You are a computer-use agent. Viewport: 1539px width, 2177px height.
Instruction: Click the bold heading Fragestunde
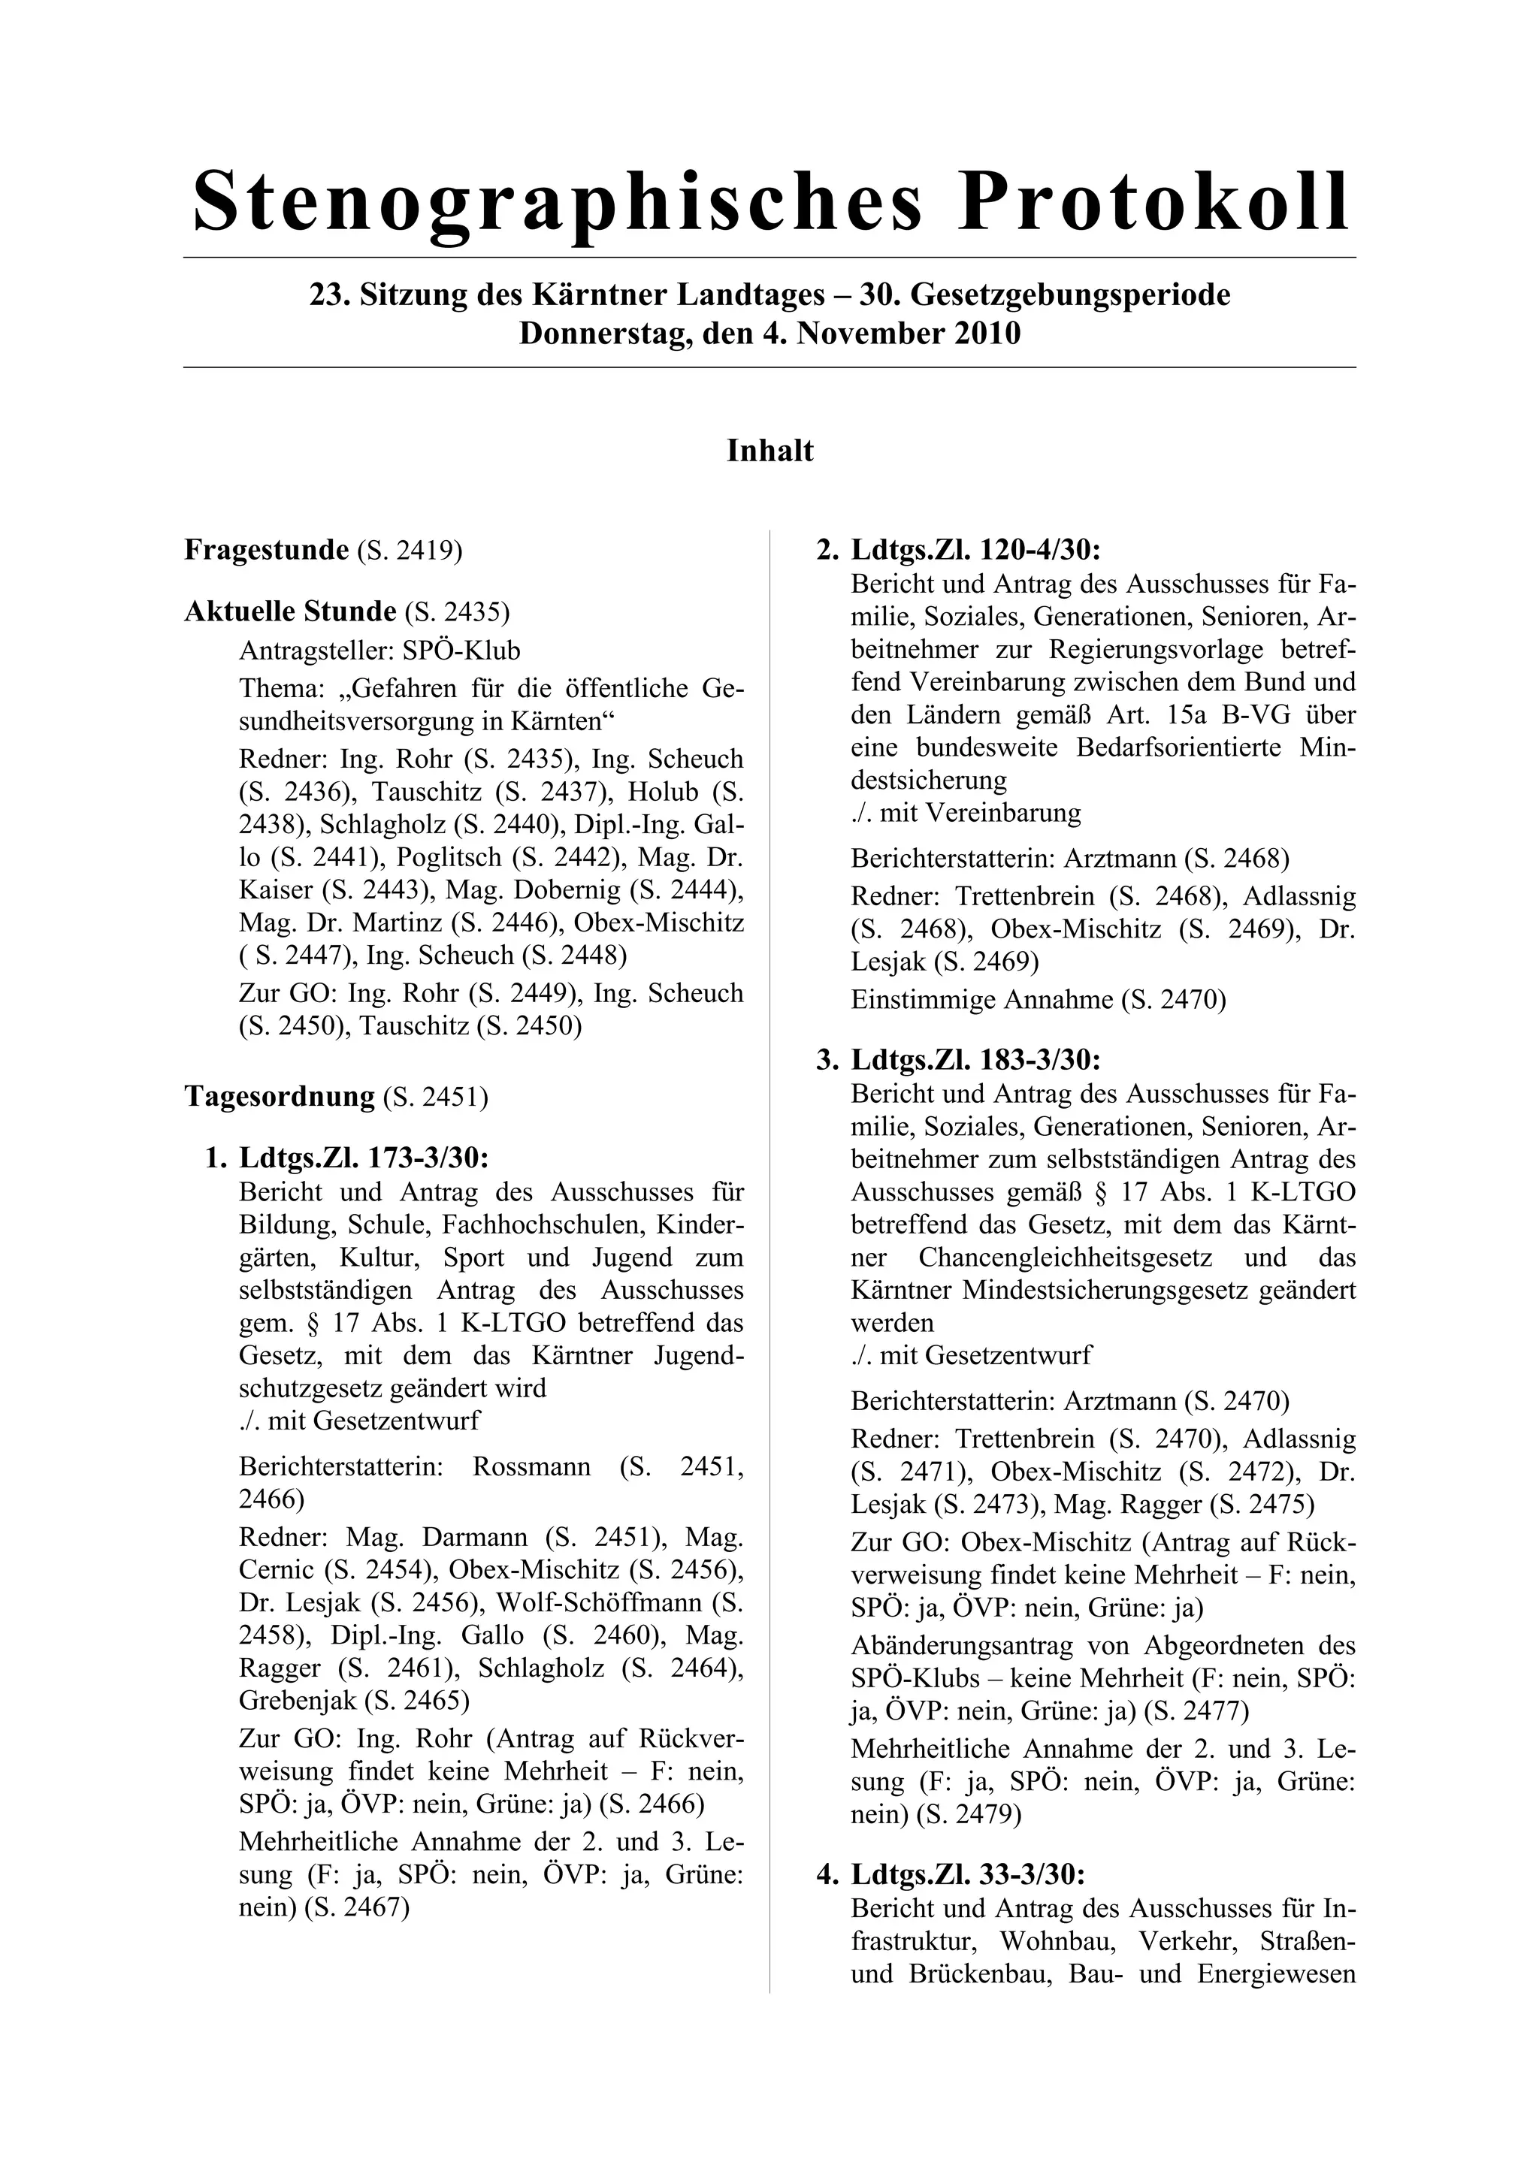267,550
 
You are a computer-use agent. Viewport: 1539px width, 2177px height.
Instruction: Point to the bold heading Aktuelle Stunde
289,611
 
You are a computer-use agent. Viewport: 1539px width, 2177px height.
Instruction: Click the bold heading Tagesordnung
280,1097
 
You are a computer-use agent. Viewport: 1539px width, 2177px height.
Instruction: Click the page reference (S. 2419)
410,551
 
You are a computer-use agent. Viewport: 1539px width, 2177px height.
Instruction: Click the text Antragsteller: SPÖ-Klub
379,651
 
